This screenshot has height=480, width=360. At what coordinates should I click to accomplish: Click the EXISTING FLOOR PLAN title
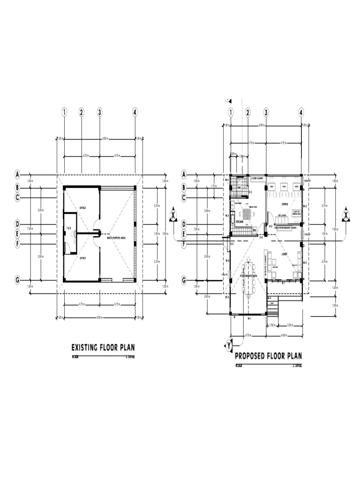click(x=103, y=348)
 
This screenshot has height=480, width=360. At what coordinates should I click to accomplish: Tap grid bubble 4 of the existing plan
click(x=135, y=112)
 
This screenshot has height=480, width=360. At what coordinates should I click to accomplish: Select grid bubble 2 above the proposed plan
click(x=248, y=112)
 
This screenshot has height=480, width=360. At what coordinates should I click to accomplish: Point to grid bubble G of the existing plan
click(x=17, y=280)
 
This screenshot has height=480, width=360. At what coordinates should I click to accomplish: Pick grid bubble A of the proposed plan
click(x=184, y=174)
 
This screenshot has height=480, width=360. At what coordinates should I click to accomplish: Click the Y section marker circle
click(x=229, y=346)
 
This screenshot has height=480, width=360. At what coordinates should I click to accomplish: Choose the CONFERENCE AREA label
click(x=248, y=277)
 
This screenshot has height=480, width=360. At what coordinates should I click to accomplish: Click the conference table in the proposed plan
click(x=248, y=277)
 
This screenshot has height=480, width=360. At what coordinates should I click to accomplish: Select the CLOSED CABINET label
click(x=257, y=178)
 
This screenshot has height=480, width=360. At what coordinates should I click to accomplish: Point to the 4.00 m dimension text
click(x=284, y=335)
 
